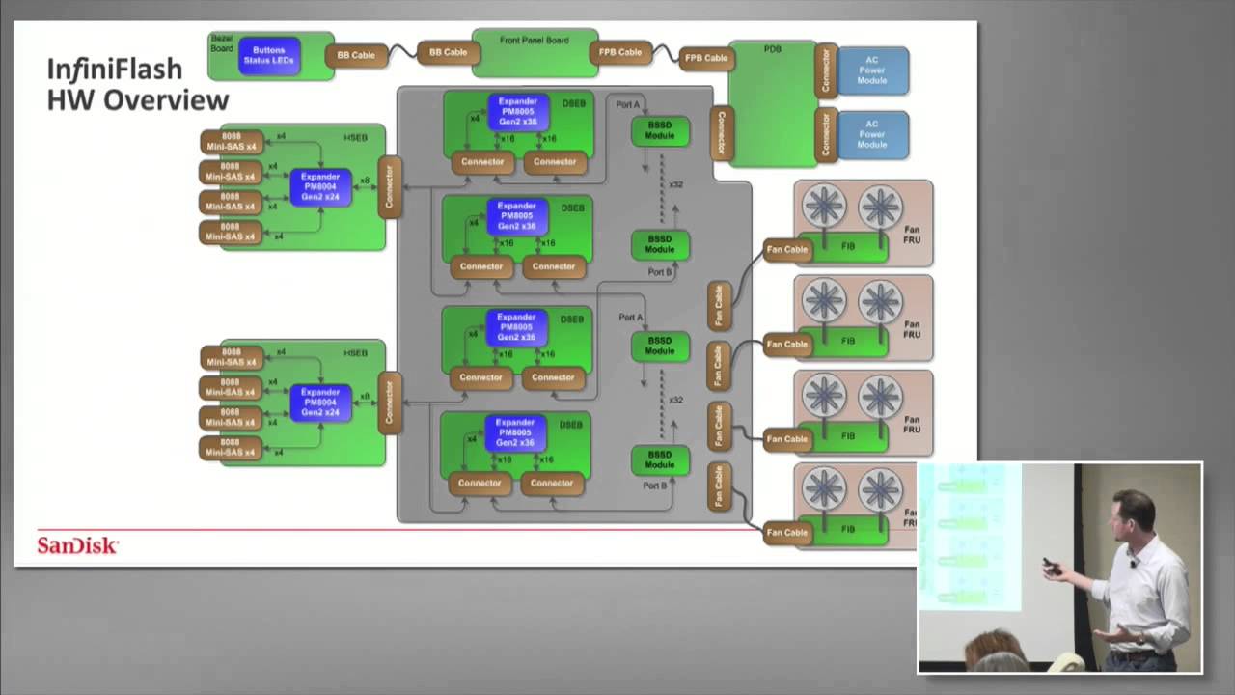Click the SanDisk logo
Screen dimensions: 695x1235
coord(77,546)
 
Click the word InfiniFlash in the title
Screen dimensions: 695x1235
coord(114,69)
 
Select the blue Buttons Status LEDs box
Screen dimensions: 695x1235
coord(269,56)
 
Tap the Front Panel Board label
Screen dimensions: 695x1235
coord(534,41)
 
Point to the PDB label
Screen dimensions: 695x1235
coord(772,49)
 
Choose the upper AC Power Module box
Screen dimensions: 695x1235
coord(871,70)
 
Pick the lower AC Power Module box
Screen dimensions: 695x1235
coord(871,134)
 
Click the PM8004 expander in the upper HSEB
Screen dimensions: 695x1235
coord(320,186)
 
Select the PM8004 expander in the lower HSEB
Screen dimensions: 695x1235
coord(320,403)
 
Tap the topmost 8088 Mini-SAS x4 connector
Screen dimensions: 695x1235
coord(232,142)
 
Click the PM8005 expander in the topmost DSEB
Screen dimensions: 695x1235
coord(517,112)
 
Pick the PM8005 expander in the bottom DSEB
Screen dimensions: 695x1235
coord(515,433)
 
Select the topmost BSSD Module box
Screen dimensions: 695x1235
coord(660,131)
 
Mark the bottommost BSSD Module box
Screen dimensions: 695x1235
coord(659,459)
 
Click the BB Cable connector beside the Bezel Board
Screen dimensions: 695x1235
coord(356,55)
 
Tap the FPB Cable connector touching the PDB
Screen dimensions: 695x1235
coord(706,58)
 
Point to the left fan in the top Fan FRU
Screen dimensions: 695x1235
coord(824,206)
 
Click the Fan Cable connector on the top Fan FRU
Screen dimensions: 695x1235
coord(786,250)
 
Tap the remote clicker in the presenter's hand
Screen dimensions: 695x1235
coord(1051,567)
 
